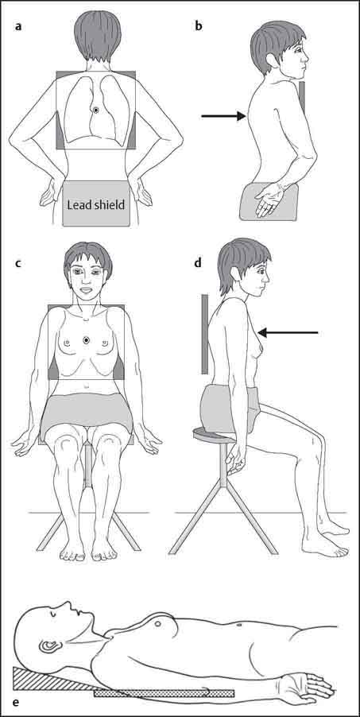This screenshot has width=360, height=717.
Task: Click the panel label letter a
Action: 18,26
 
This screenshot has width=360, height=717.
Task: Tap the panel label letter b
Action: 199,26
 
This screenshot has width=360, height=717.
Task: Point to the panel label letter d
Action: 199,263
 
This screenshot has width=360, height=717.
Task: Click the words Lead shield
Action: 95,204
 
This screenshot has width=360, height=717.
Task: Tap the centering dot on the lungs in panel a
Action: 95,110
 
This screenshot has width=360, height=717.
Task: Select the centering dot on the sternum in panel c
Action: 87,339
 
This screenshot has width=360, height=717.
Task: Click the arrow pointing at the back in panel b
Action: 223,117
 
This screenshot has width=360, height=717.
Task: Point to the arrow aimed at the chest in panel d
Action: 288,333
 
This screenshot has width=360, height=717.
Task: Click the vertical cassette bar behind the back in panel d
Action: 204,334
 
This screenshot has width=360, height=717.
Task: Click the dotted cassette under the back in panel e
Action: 165,693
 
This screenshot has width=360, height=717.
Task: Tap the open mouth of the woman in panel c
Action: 87,290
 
